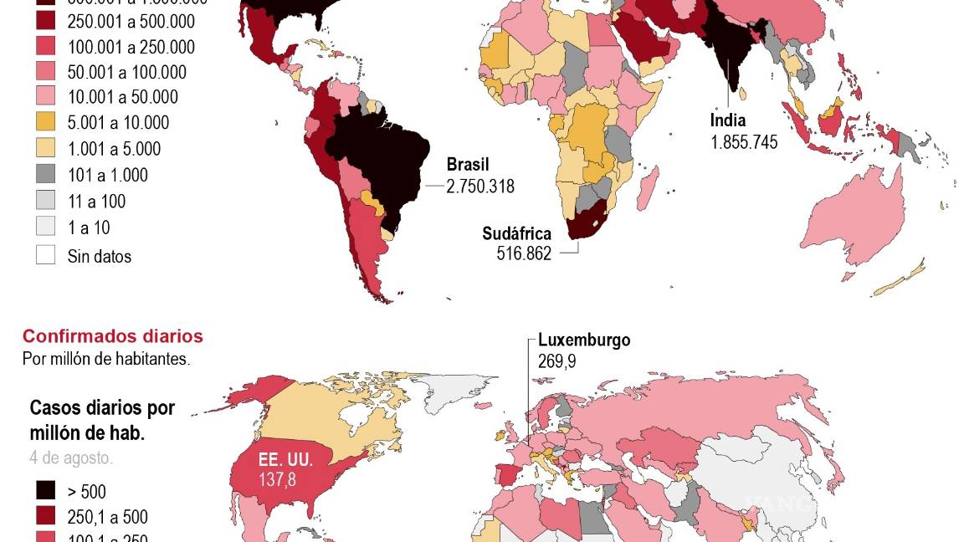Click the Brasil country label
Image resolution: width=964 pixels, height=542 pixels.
[467, 165]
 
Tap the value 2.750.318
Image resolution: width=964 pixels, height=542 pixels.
[479, 187]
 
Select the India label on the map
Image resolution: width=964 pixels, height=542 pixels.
[727, 120]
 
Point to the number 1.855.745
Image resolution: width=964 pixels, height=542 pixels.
[744, 142]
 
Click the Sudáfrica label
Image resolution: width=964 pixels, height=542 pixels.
[516, 233]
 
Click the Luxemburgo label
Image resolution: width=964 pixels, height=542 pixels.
[583, 340]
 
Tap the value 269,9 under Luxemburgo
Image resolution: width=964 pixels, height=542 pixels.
[556, 361]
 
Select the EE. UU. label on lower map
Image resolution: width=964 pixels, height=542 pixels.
[285, 460]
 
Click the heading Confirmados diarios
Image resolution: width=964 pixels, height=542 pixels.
[112, 336]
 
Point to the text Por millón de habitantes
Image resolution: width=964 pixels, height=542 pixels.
[106, 359]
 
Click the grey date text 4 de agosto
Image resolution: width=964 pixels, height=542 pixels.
[71, 458]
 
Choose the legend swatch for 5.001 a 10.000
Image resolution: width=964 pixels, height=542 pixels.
[45, 123]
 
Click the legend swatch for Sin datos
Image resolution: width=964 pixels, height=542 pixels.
[45, 255]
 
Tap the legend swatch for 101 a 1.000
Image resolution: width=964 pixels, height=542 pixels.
[45, 175]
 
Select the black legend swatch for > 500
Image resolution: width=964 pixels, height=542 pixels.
[45, 491]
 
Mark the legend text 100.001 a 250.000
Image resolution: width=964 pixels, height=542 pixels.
[131, 48]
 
